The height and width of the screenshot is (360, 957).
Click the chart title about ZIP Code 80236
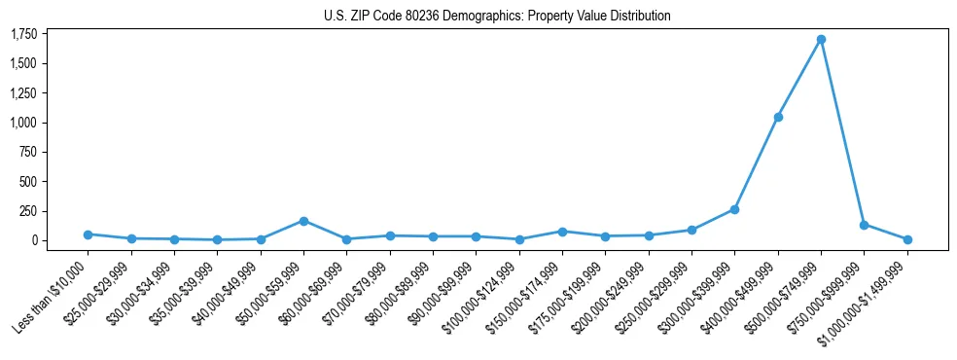(497, 17)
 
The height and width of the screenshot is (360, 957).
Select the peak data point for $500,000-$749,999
(821, 40)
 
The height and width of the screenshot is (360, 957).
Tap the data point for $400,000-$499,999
(778, 117)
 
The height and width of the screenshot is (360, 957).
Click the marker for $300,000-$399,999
(734, 209)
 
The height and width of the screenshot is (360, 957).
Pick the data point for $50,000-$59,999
(303, 221)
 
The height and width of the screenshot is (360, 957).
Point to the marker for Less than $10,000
(88, 234)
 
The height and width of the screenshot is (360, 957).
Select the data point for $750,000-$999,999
(864, 225)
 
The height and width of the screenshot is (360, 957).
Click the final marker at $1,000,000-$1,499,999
(907, 239)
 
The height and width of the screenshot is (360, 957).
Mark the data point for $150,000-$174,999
(562, 232)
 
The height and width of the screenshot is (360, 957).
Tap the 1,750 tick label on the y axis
(23, 35)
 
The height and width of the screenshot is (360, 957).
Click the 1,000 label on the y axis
(23, 123)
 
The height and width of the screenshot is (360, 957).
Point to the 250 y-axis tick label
(27, 211)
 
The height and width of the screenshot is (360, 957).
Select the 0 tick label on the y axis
(32, 240)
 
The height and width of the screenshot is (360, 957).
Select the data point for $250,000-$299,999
(691, 230)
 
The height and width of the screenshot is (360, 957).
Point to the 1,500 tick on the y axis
(23, 64)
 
